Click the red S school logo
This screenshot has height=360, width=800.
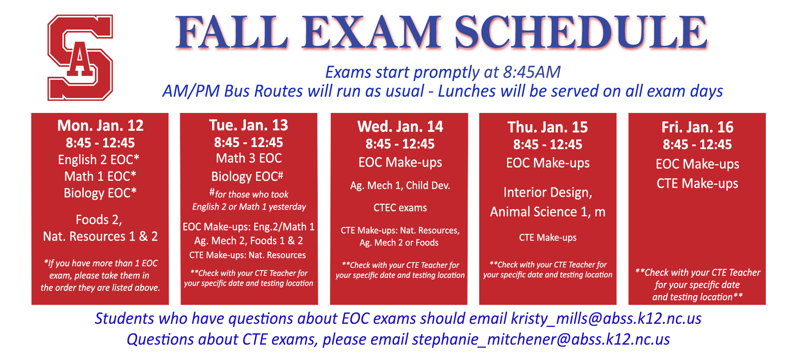pyautogui.click(x=80, y=57)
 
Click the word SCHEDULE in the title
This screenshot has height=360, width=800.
pyautogui.click(x=581, y=32)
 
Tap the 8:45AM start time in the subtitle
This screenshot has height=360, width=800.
pyautogui.click(x=532, y=72)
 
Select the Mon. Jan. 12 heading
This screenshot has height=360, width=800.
pyautogui.click(x=100, y=125)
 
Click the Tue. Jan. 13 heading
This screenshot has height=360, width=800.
pyautogui.click(x=248, y=125)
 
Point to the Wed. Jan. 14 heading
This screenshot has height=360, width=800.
pyautogui.click(x=400, y=126)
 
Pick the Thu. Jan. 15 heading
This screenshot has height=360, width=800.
pyautogui.click(x=547, y=127)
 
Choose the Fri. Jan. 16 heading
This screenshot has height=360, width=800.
pyautogui.click(x=697, y=127)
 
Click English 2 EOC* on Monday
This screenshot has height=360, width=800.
pyautogui.click(x=99, y=160)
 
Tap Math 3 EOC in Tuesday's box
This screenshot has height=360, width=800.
pyautogui.click(x=249, y=158)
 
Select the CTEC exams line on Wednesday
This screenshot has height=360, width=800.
pyautogui.click(x=400, y=207)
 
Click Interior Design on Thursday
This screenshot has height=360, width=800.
pyautogui.click(x=547, y=192)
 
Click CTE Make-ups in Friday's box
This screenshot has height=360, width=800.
pyautogui.click(x=697, y=183)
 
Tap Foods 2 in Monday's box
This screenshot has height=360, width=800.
pyautogui.click(x=99, y=220)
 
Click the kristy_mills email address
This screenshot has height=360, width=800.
pyautogui.click(x=606, y=319)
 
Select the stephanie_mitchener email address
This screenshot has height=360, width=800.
pyautogui.click(x=541, y=340)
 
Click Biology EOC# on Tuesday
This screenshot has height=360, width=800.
pyautogui.click(x=247, y=177)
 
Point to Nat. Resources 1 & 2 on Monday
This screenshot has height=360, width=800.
pyautogui.click(x=100, y=237)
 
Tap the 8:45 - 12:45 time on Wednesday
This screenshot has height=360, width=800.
pyautogui.click(x=400, y=144)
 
